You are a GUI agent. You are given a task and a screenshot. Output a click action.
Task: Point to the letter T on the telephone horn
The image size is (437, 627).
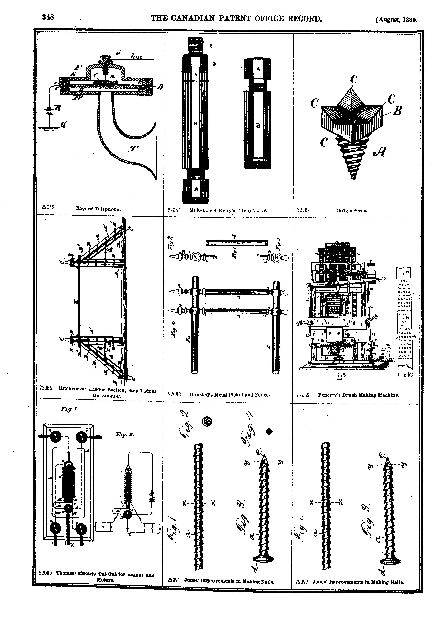pyautogui.click(x=133, y=149)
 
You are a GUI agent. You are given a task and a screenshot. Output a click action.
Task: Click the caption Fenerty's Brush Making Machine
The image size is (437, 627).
pyautogui.click(x=358, y=395)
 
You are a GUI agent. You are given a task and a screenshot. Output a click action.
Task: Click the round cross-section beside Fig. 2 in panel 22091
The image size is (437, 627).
pyautogui.click(x=207, y=421)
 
